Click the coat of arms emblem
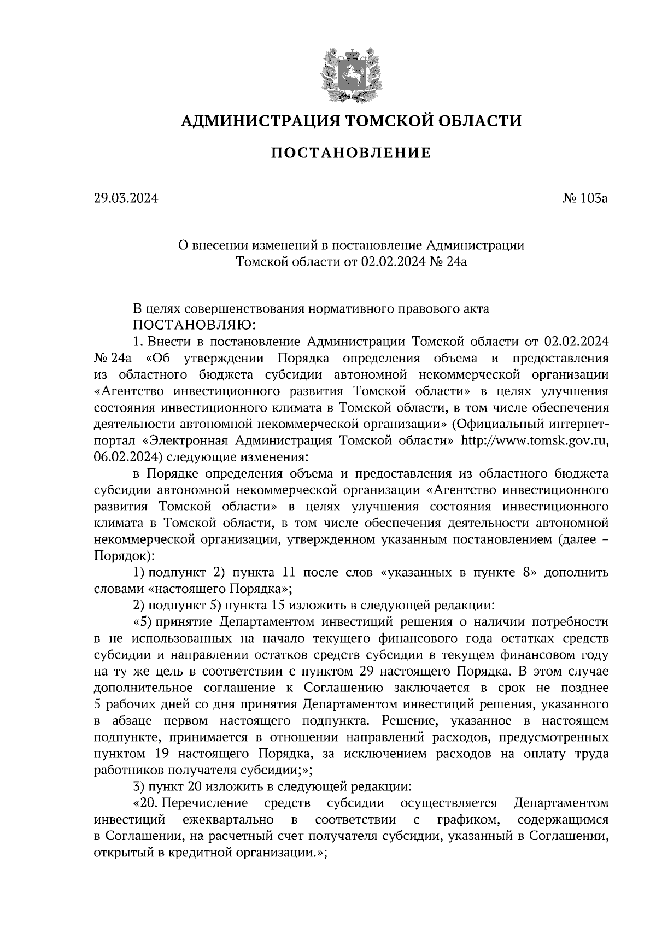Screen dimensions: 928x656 (x=350, y=74)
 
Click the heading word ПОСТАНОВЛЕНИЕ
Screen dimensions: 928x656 (x=350, y=153)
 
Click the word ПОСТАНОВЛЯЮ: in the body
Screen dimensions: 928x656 (x=195, y=325)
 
